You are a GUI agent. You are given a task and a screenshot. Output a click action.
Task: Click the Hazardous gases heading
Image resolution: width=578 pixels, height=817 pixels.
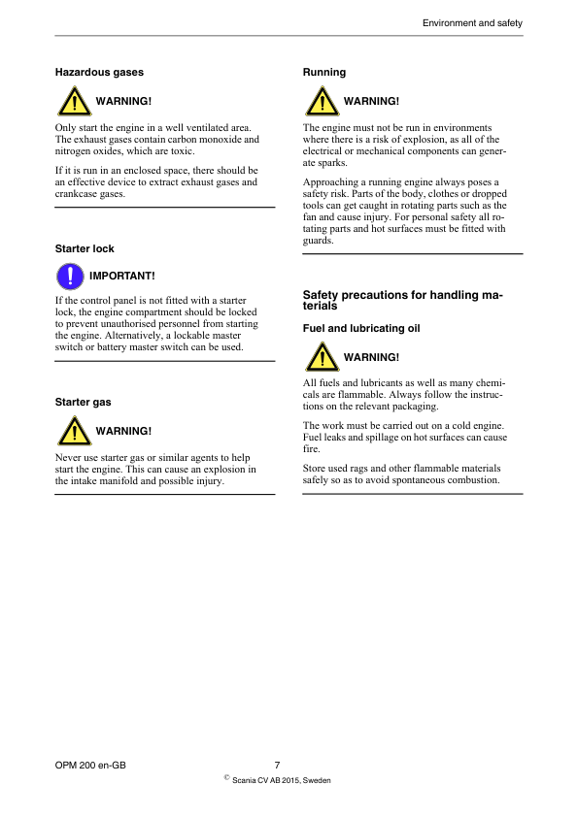[99, 72]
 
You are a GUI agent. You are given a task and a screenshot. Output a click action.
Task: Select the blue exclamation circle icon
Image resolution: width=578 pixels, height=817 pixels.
[68, 276]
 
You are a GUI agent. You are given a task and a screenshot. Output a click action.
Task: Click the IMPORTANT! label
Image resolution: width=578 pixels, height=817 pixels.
[122, 276]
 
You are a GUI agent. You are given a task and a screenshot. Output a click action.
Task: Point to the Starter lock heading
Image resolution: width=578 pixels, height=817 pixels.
[85, 249]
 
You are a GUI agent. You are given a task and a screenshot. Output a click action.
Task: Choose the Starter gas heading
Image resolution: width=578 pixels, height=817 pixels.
[84, 402]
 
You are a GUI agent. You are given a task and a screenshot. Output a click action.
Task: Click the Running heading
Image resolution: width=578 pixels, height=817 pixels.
[324, 72]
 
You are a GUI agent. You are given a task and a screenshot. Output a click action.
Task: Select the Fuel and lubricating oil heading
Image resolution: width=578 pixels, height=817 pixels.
[361, 329]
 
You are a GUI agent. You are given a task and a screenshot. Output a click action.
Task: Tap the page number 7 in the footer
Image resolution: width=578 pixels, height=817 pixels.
[278, 765]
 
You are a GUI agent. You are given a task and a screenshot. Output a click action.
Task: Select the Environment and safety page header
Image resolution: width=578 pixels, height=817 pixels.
[472, 21]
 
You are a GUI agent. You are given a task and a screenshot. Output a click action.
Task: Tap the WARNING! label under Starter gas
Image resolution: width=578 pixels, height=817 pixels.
[123, 431]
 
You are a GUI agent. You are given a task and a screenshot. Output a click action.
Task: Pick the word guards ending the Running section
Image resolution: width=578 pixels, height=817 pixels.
[319, 241]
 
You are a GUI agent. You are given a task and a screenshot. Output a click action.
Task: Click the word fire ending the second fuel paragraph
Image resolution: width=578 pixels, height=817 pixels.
[311, 449]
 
